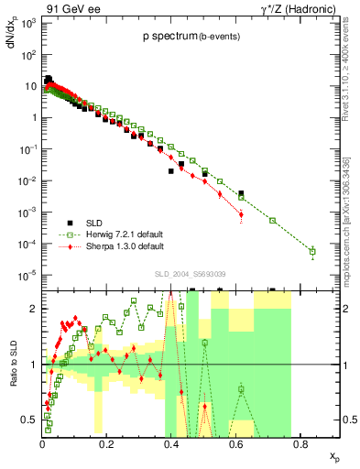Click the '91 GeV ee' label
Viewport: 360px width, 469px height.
[x=65, y=8]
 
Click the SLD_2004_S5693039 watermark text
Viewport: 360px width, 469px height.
[x=188, y=274]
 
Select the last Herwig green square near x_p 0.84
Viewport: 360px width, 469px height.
[x=312, y=251]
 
